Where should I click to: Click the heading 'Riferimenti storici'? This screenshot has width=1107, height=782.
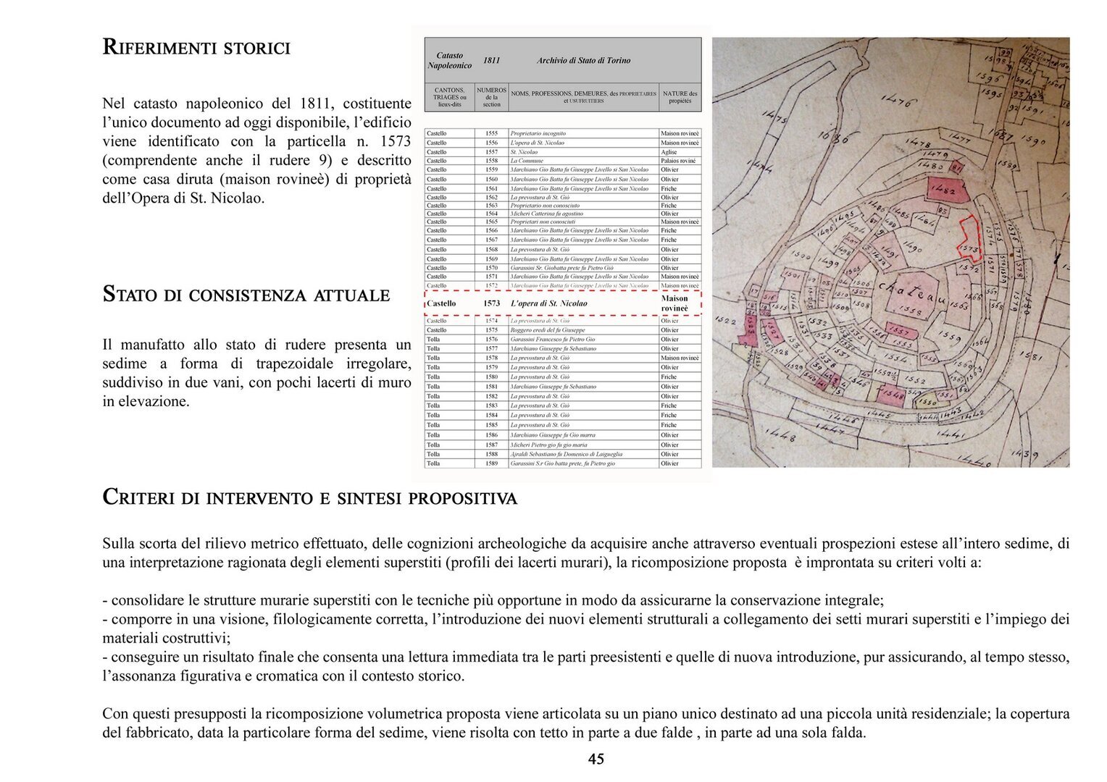pyautogui.click(x=196, y=48)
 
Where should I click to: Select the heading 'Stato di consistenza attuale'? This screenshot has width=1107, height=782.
pyautogui.click(x=246, y=295)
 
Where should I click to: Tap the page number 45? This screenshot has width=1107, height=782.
pyautogui.click(x=596, y=759)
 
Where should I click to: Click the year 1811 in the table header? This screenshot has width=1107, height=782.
pyautogui.click(x=491, y=61)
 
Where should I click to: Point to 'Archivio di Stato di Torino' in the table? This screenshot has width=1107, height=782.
pyautogui.click(x=583, y=61)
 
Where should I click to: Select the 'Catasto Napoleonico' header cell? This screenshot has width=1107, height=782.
pyautogui.click(x=449, y=61)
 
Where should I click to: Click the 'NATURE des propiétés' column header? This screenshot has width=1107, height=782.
pyautogui.click(x=680, y=97)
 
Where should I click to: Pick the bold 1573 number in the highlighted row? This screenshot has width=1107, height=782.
pyautogui.click(x=491, y=303)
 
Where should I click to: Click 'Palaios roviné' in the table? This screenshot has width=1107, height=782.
pyautogui.click(x=678, y=161)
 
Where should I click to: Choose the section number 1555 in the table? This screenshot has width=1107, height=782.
pyautogui.click(x=491, y=134)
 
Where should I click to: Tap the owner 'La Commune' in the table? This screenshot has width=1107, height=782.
pyautogui.click(x=527, y=161)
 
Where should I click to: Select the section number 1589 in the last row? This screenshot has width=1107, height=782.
pyautogui.click(x=491, y=463)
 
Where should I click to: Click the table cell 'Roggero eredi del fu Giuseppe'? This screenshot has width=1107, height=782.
pyautogui.click(x=548, y=330)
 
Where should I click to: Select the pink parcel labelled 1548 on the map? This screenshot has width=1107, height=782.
pyautogui.click(x=893, y=395)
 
